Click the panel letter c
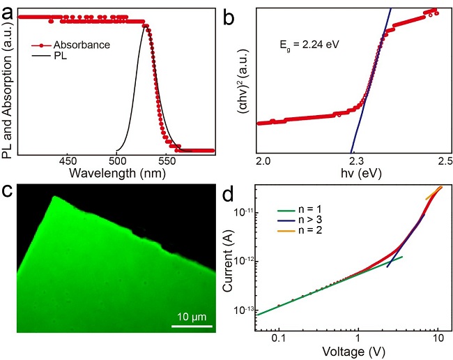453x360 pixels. (x=9, y=193)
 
